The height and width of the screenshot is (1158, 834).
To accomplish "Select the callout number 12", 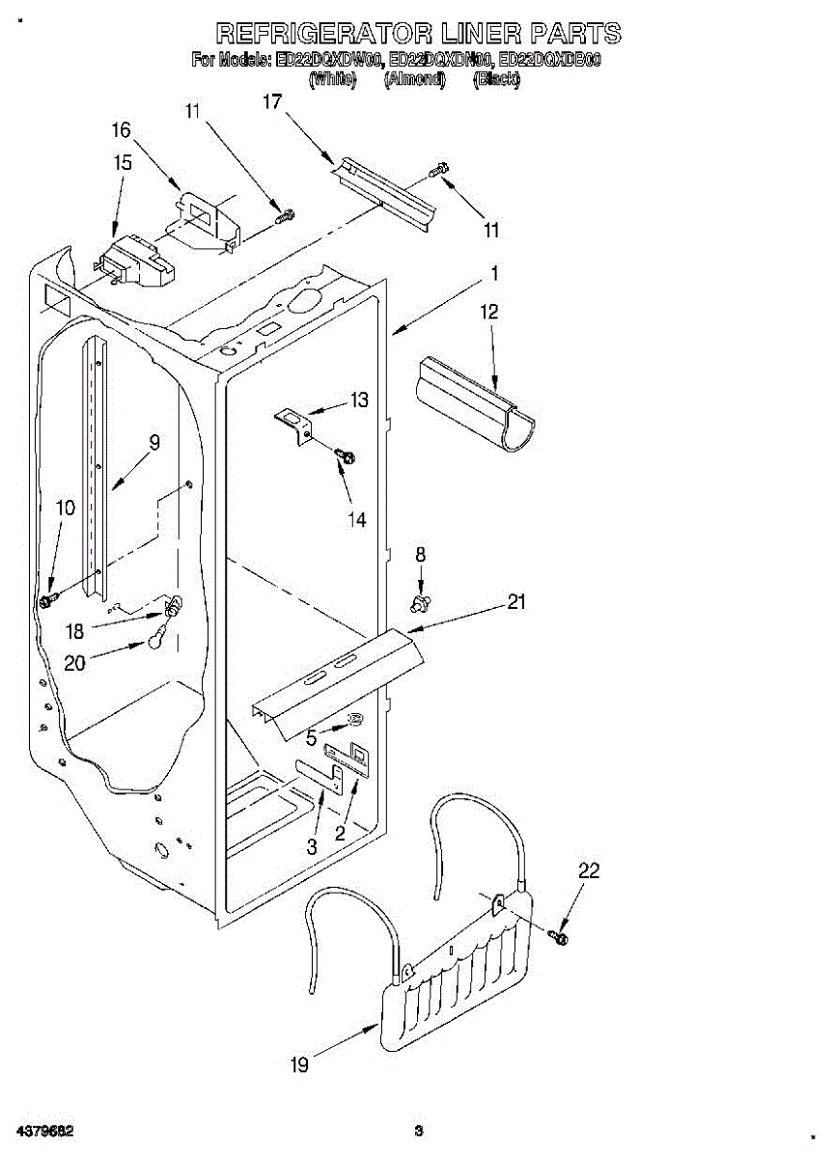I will click(x=489, y=312).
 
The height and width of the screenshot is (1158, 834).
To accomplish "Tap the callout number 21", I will click(x=517, y=602).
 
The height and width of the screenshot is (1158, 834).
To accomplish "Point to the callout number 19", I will click(x=299, y=1065).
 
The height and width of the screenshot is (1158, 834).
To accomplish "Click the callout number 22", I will click(x=589, y=870).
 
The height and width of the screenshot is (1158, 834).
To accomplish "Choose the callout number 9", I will click(x=153, y=443).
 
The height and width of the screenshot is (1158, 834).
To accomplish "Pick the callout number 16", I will click(x=121, y=130).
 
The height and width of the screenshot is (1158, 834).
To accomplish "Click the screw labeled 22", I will click(x=559, y=936).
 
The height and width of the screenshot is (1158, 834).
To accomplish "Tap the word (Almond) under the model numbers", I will click(x=414, y=81).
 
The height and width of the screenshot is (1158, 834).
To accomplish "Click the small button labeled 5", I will click(x=354, y=719).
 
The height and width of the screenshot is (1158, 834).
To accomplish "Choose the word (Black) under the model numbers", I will click(x=496, y=81).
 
